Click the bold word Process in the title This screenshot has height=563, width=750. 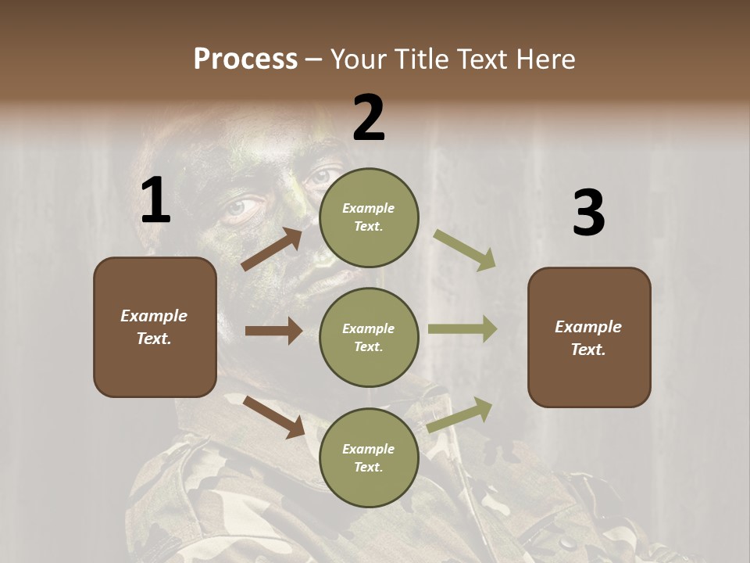[245, 59]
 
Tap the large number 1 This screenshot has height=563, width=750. [155, 201]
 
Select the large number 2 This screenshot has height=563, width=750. [369, 118]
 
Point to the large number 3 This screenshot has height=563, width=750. [588, 213]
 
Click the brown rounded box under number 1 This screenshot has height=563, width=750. [155, 327]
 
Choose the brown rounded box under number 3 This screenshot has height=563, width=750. [589, 338]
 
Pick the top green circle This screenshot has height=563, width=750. [369, 217]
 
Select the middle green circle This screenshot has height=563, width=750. [369, 337]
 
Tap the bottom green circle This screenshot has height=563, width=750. [369, 457]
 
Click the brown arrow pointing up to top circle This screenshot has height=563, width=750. [272, 249]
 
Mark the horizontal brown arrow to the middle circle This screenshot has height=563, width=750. [273, 331]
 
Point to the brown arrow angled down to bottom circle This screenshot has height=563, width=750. [273, 416]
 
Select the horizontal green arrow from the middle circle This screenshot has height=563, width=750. [462, 329]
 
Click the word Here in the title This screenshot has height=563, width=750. [547, 59]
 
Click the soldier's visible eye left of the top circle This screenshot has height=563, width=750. [244, 208]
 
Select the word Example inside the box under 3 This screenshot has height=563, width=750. [588, 327]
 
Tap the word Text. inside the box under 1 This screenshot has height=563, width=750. [154, 339]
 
